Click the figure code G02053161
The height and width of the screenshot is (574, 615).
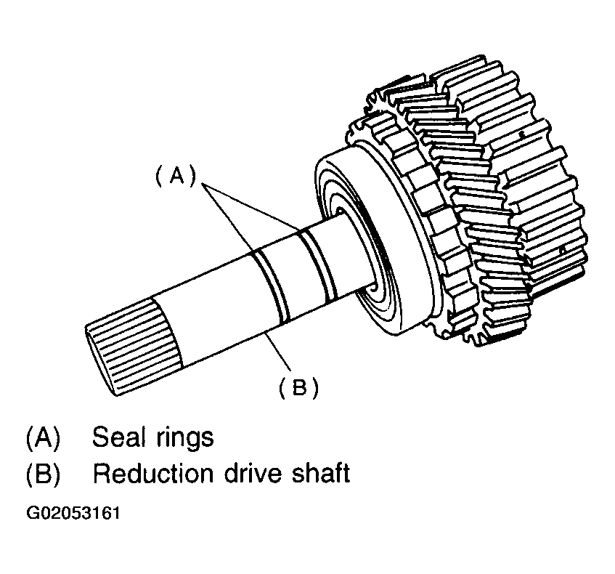(x=73, y=514)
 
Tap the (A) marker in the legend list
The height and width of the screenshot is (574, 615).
(x=43, y=438)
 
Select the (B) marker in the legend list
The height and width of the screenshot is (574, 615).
(x=43, y=474)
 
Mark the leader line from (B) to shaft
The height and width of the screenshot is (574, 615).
(x=280, y=356)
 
